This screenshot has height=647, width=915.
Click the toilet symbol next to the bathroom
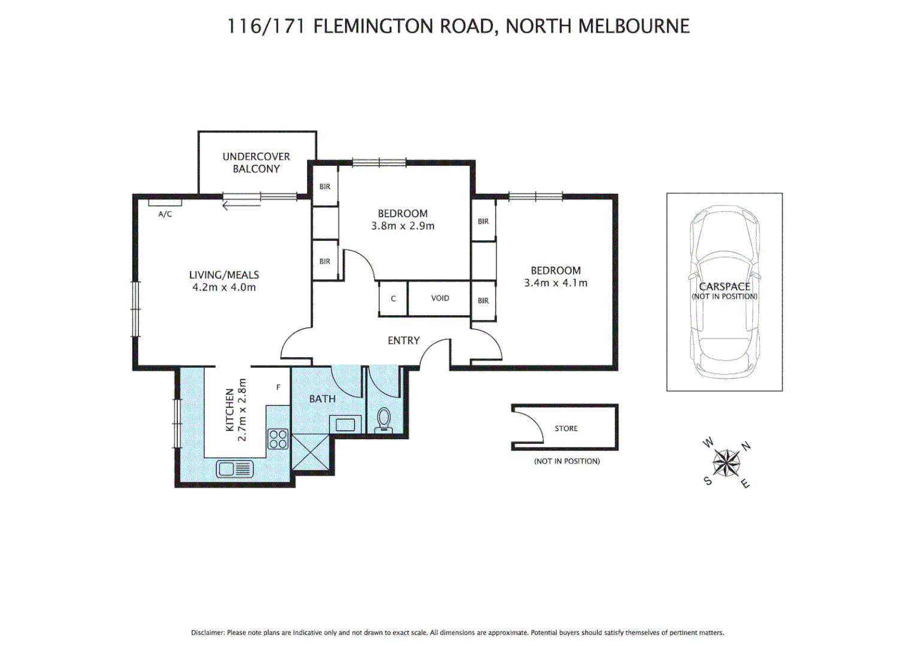(383, 420)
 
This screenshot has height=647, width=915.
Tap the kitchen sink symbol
(234, 468)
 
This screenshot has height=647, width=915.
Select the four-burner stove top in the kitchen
(278, 439)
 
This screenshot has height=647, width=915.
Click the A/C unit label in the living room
(165, 214)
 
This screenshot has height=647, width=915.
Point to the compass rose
(726, 463)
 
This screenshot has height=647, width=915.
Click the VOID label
(440, 298)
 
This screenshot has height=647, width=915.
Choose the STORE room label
(566, 428)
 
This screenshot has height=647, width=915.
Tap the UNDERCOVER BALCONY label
(256, 162)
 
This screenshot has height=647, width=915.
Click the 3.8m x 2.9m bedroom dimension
(402, 226)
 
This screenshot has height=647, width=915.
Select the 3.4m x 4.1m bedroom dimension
(556, 283)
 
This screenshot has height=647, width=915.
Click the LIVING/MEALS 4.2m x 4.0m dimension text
(224, 287)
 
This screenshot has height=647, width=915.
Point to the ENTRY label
(404, 340)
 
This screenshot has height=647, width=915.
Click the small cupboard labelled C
(393, 298)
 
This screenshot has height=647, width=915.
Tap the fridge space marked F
(278, 388)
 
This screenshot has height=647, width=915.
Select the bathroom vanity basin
(345, 425)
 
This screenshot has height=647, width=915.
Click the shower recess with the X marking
(310, 452)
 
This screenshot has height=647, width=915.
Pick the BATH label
(322, 398)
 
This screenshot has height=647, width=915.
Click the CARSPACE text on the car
(725, 286)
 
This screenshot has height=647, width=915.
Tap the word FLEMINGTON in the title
(372, 26)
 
